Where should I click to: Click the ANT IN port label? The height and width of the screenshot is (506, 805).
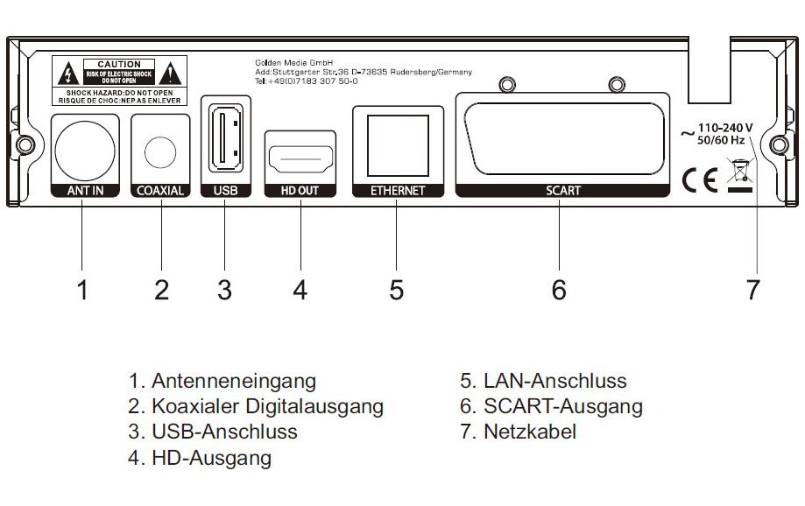tap(82, 190)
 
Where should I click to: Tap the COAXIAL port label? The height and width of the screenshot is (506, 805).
tap(160, 190)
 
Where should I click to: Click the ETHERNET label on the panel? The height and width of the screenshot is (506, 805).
tap(397, 190)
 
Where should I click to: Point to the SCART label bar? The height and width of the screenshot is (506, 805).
tap(561, 190)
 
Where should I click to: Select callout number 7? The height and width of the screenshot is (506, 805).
tap(753, 290)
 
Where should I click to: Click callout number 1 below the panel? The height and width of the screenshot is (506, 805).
tap(82, 290)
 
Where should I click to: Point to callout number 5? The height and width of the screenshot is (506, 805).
tap(397, 290)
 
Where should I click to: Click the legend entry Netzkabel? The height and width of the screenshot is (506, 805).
tap(530, 432)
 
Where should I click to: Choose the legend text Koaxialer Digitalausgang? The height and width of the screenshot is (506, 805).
tap(266, 406)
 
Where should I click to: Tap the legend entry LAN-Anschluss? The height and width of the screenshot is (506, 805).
tap(554, 381)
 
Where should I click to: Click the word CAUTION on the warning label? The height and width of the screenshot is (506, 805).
tap(119, 65)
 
